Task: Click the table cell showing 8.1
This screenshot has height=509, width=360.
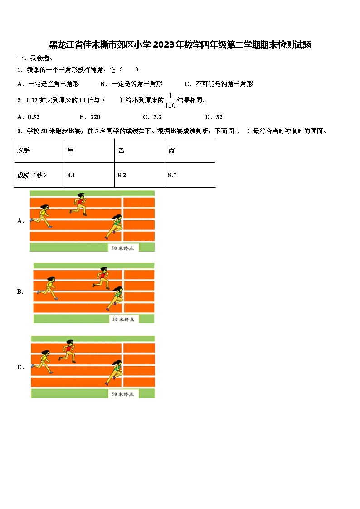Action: coord(89,175)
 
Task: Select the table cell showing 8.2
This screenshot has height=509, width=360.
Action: coord(139,175)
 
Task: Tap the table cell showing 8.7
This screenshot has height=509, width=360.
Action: coord(190,175)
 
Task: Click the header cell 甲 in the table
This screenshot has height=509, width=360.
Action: coord(89,150)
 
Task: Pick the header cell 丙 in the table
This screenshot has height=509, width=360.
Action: coord(190,150)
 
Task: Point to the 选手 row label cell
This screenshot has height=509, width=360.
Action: coord(39,150)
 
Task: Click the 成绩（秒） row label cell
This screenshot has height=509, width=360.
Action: coord(39,175)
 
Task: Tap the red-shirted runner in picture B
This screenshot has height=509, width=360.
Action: coord(102,277)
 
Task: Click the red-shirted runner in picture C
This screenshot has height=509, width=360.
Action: coord(68,351)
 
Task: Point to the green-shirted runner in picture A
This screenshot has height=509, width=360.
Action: coord(115,226)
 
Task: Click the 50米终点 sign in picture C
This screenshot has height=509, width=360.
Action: coord(122,394)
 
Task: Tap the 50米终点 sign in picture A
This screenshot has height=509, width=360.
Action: coord(123,247)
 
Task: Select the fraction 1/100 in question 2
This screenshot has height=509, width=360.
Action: coord(170,101)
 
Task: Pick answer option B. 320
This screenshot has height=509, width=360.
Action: coord(90,117)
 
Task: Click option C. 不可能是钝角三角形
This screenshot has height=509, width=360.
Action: coord(219,83)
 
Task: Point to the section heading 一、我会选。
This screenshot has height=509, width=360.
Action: coord(35,58)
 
